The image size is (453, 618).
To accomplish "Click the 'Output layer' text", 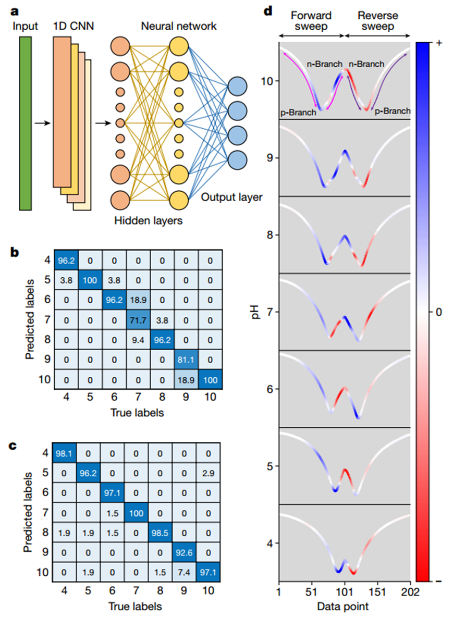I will pyautogui.click(x=231, y=197).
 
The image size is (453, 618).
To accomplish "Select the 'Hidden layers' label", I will pyautogui.click(x=149, y=220).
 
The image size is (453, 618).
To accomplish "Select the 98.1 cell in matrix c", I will pyautogui.click(x=67, y=454).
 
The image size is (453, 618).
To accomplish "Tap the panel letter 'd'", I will pyautogui.click(x=270, y=9).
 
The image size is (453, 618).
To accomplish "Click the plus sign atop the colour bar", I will pyautogui.click(x=439, y=44).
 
